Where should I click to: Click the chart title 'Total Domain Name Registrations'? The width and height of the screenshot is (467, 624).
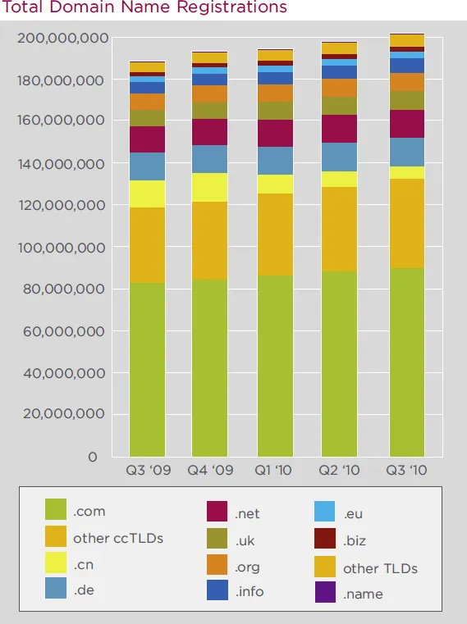click(144, 8)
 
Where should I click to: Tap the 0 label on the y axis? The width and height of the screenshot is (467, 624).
click(93, 456)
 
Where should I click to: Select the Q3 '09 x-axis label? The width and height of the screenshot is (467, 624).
click(147, 471)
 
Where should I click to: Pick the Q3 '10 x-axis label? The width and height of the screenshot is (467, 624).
click(406, 471)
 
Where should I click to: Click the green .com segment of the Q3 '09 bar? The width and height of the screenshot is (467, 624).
click(147, 369)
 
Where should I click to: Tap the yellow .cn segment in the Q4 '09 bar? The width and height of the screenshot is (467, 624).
click(209, 187)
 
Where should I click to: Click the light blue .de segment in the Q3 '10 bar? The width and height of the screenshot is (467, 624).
click(406, 152)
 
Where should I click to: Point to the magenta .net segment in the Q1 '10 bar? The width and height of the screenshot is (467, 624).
click(275, 133)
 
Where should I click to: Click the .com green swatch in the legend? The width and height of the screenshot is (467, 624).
click(55, 511)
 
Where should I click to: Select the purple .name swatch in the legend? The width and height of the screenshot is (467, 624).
click(325, 592)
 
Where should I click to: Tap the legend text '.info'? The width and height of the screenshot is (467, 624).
click(250, 591)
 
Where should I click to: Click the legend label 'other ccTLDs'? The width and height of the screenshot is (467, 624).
click(118, 538)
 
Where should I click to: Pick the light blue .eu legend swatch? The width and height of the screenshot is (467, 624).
click(325, 512)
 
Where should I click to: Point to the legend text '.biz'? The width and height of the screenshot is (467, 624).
click(356, 540)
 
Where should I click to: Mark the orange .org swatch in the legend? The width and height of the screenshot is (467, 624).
click(217, 566)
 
